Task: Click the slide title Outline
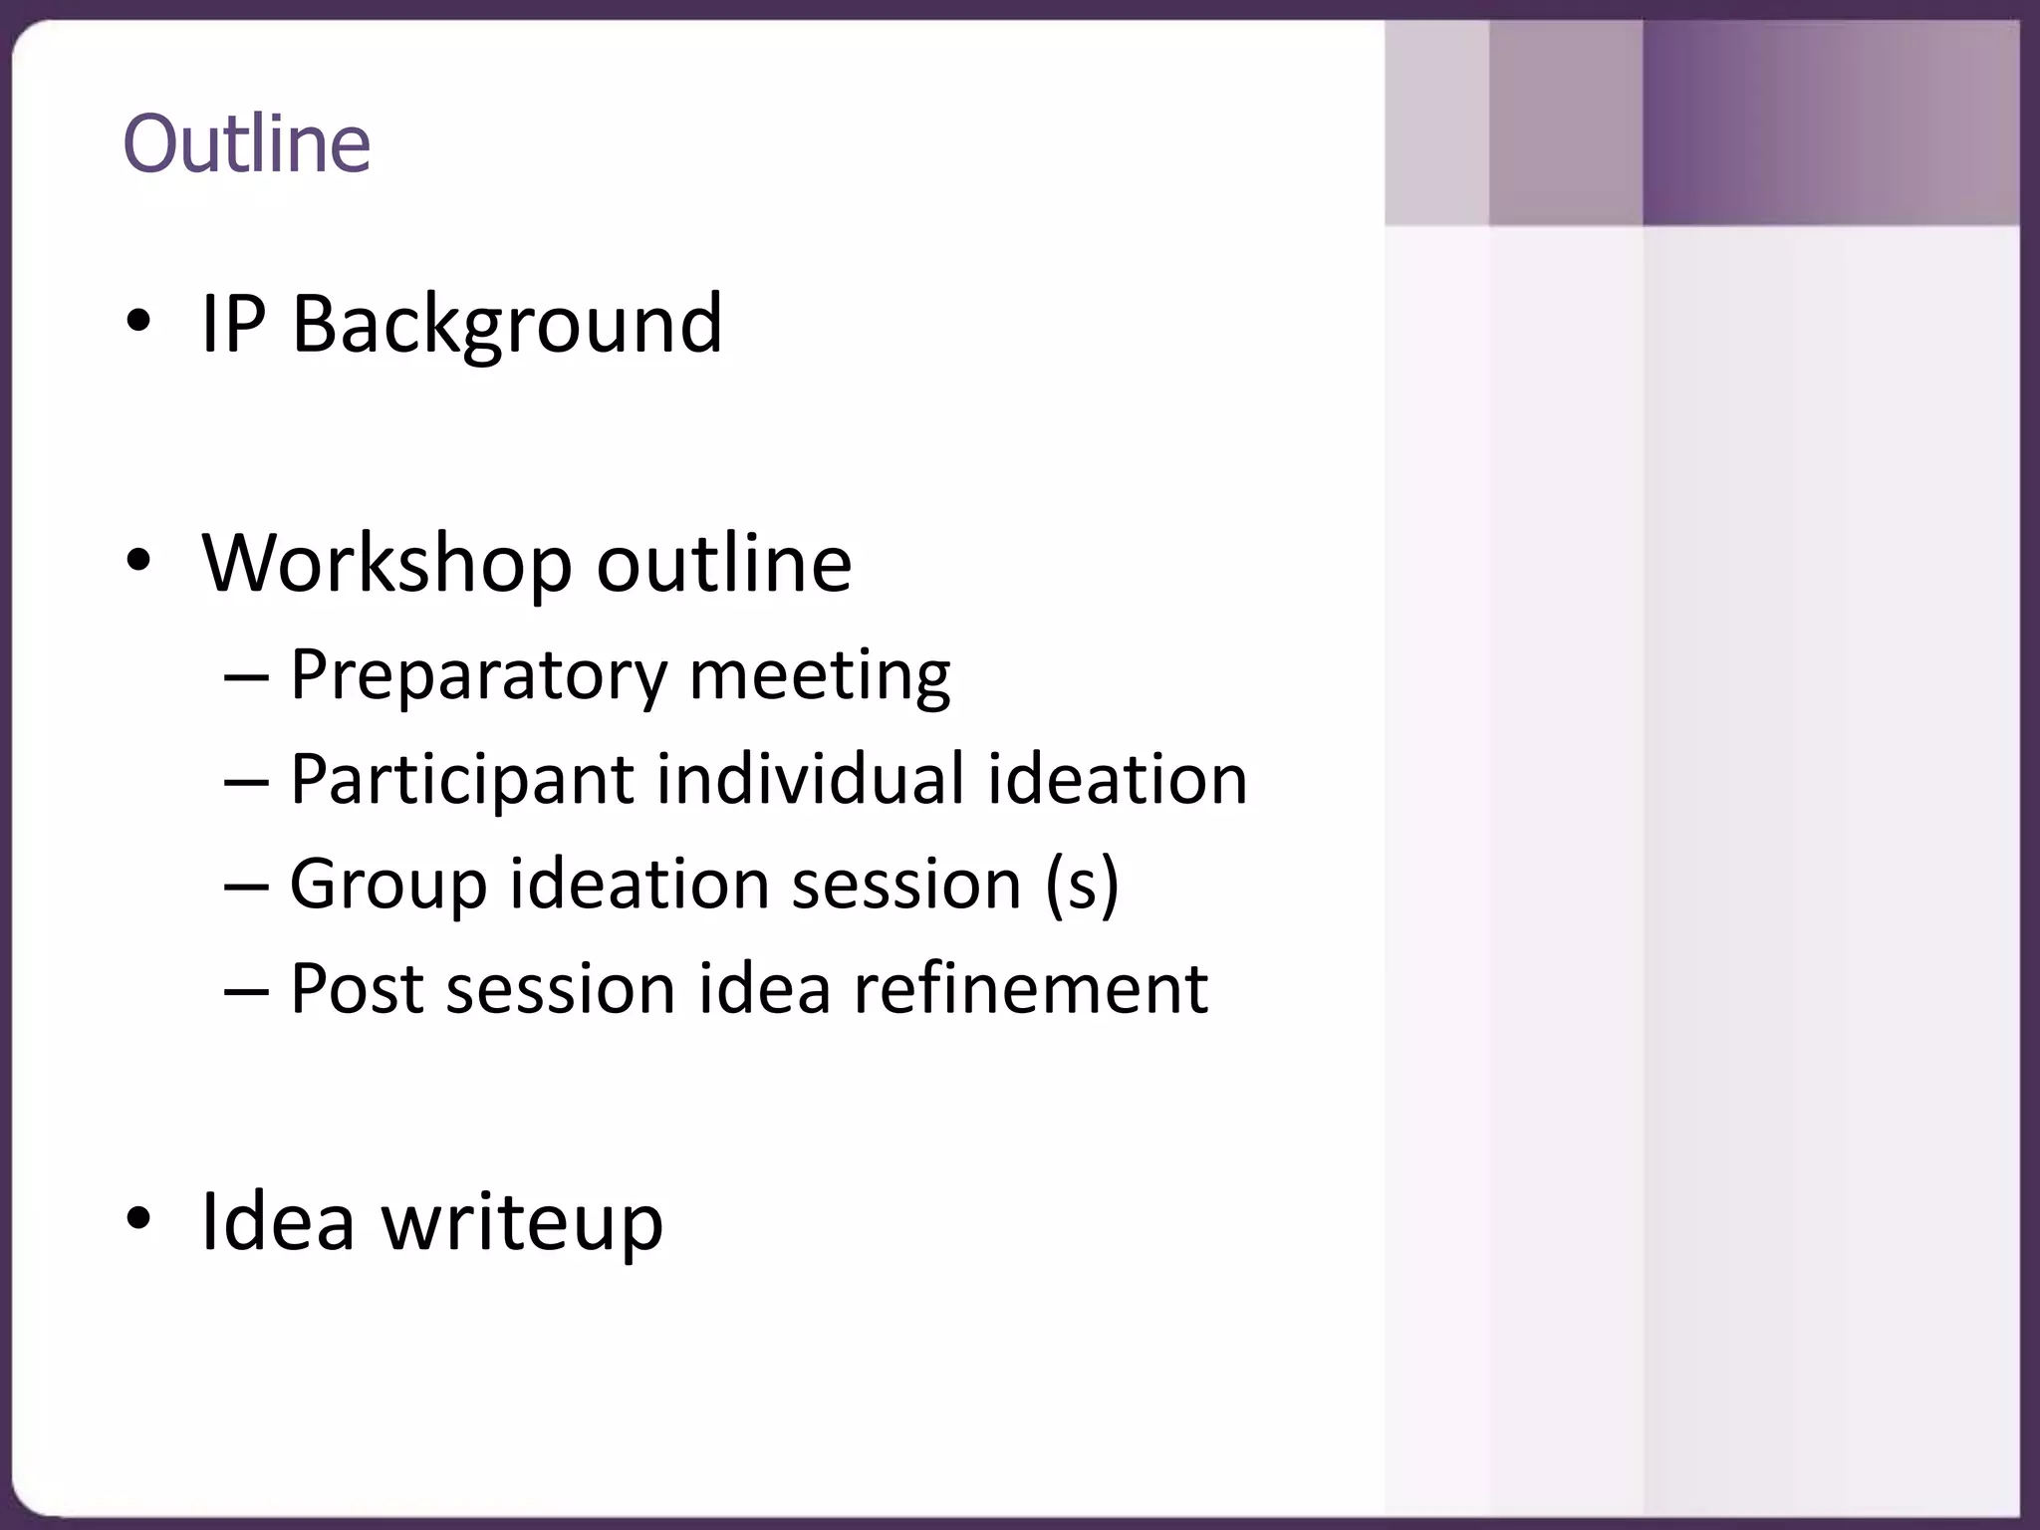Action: pyautogui.click(x=246, y=144)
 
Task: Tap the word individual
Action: pyautogui.click(x=810, y=780)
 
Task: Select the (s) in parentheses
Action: pyautogui.click(x=1082, y=885)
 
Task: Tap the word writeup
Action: pyautogui.click(x=522, y=1223)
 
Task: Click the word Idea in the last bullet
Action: pyautogui.click(x=278, y=1221)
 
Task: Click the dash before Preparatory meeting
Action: pyautogui.click(x=246, y=678)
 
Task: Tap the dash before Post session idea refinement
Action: pyautogui.click(x=246, y=991)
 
